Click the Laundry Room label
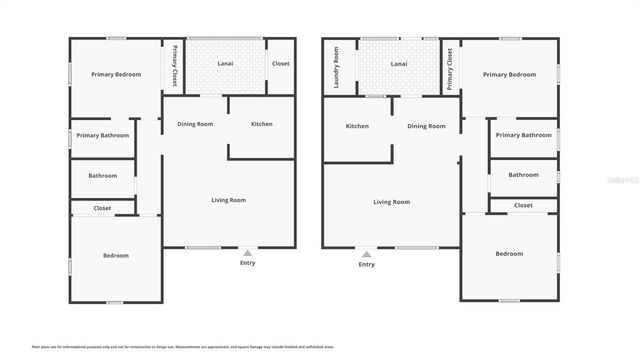pos(336,67)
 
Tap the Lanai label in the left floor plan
pos(226,63)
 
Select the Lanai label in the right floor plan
pos(399,63)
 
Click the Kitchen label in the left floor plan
pos(262,124)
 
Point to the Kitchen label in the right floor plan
pos(357,126)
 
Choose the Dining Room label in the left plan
pos(195,124)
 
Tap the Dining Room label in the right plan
pos(426,126)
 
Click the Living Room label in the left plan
pos(228,200)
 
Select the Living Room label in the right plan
pos(391,202)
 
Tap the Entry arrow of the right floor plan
pos(367,253)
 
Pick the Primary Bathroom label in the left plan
pos(102,135)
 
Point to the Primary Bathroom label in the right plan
pos(523,135)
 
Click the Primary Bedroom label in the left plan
pos(115,74)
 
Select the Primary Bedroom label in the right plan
pos(509,74)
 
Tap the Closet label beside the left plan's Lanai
pos(281,63)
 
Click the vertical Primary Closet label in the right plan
pos(450,68)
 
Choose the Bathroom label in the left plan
pos(102,176)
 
